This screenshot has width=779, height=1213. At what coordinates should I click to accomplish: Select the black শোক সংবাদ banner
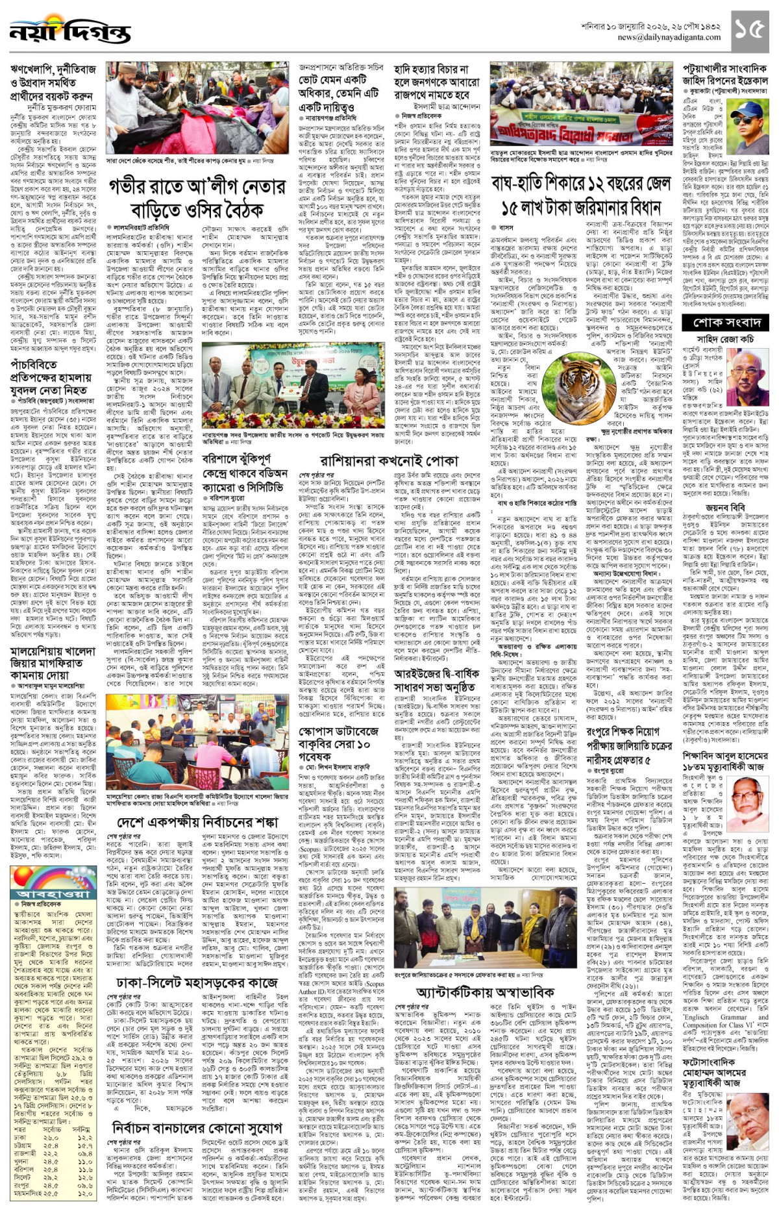click(726, 323)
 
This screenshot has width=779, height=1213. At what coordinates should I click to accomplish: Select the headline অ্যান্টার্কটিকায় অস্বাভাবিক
click(484, 994)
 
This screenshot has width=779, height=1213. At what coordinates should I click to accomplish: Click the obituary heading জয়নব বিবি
click(724, 508)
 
